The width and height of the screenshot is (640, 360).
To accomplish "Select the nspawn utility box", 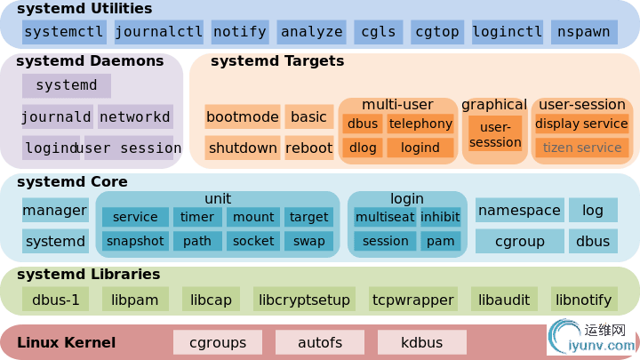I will point(584,32).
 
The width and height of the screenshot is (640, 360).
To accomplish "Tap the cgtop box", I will point(436,32).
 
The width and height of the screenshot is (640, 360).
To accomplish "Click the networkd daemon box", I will point(135,116).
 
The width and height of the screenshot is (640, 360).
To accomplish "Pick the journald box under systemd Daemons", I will point(57,116).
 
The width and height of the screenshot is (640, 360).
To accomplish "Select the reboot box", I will point(308,148).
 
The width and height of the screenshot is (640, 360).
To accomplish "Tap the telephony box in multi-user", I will point(420,124).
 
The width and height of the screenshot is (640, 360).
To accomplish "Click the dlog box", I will point(363,148).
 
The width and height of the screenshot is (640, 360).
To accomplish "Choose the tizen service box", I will point(581,148).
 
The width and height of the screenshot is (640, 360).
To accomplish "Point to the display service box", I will point(581,124).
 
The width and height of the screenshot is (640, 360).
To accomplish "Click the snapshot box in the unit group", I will point(135,241).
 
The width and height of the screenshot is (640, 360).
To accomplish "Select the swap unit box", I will point(308,241).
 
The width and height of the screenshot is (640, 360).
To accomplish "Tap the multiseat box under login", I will point(384,217).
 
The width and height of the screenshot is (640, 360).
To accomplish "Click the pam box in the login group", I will point(440,241).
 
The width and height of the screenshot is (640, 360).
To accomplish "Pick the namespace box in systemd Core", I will point(519,211).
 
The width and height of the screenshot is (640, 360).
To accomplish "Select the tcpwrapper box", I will point(412,300).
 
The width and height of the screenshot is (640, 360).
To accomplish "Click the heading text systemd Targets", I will point(277,61).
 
